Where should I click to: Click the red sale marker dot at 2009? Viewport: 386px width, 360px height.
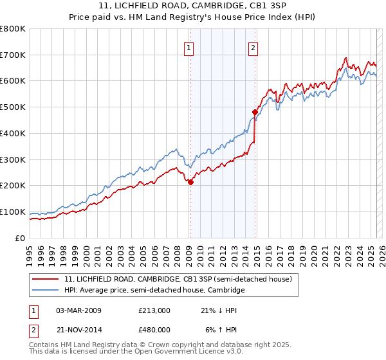tap(190, 182)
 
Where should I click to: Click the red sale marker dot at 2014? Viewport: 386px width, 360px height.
tap(255, 112)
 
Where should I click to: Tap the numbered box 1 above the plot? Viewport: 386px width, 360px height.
tap(189, 47)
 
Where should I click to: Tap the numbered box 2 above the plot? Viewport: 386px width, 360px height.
tap(253, 47)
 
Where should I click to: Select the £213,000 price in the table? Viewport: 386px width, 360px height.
tap(154, 310)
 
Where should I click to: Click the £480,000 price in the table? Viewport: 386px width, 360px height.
tap(154, 330)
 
